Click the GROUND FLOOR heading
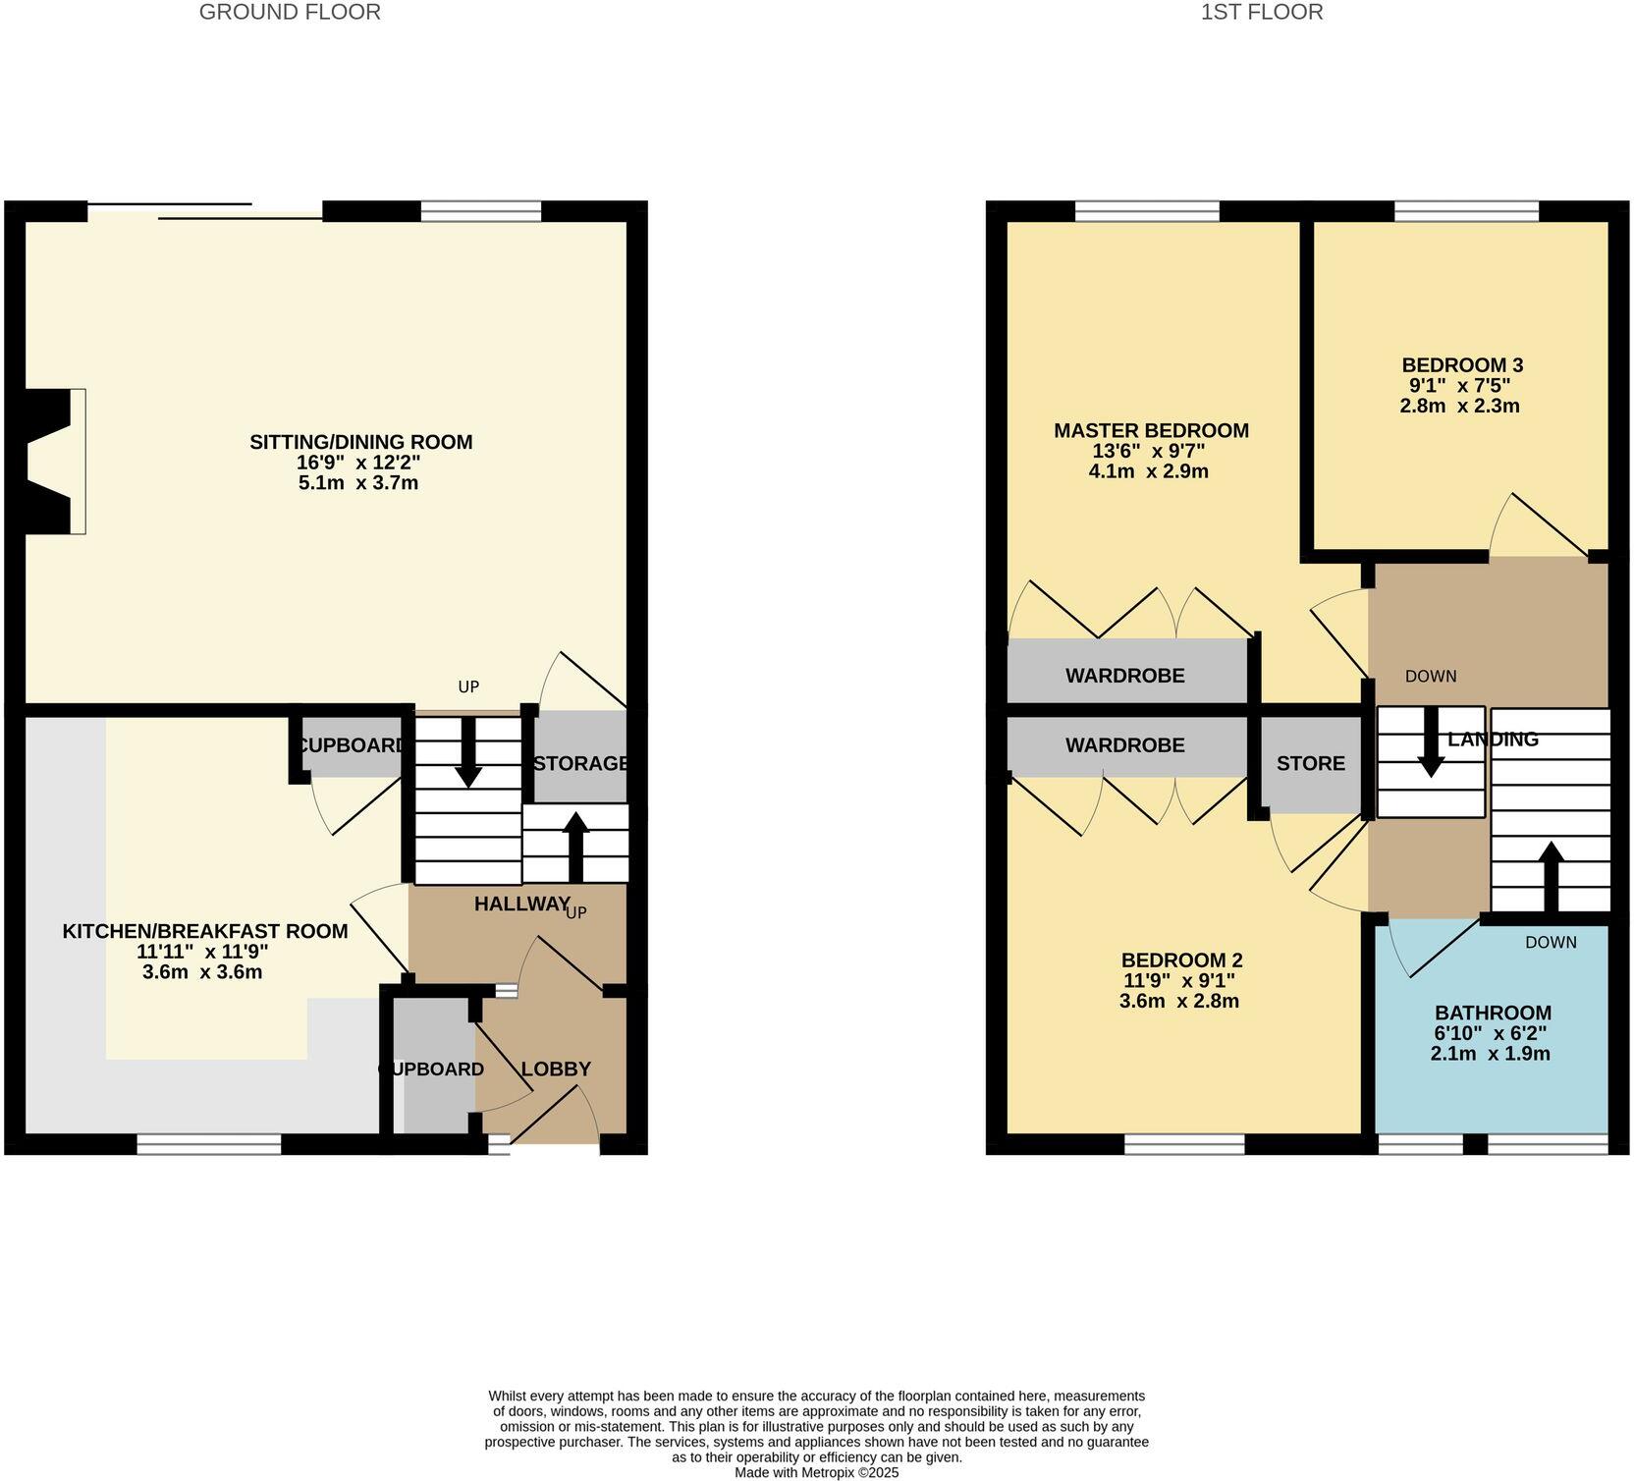[x=290, y=12]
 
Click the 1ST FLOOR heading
[x=1262, y=12]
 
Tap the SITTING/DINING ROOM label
[x=360, y=442]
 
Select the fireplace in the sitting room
[x=49, y=462]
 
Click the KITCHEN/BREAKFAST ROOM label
[x=205, y=931]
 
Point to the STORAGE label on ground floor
[x=580, y=763]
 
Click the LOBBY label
[x=556, y=1069]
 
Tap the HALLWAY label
[x=521, y=904]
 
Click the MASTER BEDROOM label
[x=1151, y=430]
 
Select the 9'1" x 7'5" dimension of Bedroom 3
[x=1460, y=385]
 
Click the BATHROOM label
[x=1493, y=1013]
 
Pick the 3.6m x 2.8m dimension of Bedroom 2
[x=1178, y=1002]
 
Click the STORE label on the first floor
[x=1310, y=763]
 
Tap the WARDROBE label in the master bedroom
[x=1125, y=676]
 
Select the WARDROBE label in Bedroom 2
[x=1125, y=745]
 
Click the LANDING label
[x=1493, y=740]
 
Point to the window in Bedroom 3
[x=1466, y=211]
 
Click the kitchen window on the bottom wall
[x=208, y=1143]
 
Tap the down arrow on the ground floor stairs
[x=468, y=754]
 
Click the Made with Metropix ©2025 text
[x=816, y=1472]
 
